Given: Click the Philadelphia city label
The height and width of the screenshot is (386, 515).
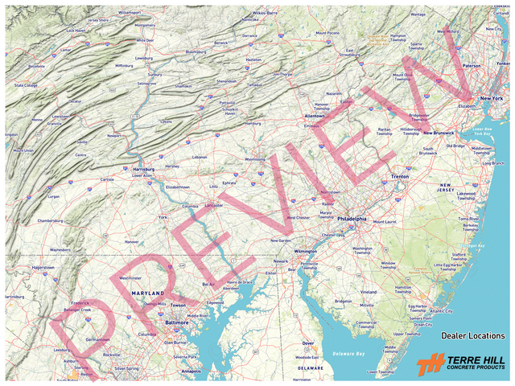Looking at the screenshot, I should pos(351,218).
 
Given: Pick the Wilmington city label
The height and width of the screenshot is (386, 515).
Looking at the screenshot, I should pos(306,251).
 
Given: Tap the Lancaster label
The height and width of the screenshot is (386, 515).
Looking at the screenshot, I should pos(213,205).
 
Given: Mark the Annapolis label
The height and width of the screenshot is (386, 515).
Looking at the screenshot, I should pos(191,371).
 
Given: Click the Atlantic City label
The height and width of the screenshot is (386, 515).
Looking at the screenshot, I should pos(442,311).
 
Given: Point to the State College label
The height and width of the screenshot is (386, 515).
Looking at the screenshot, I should pos(26,84).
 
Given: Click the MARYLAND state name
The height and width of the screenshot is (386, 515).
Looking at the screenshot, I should pos(147,293).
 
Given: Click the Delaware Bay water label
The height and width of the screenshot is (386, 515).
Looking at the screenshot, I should pos(348,353).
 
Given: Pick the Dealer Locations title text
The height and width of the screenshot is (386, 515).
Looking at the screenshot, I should pos(472,335).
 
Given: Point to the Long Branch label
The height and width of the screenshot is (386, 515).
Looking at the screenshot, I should pos(492,163).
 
